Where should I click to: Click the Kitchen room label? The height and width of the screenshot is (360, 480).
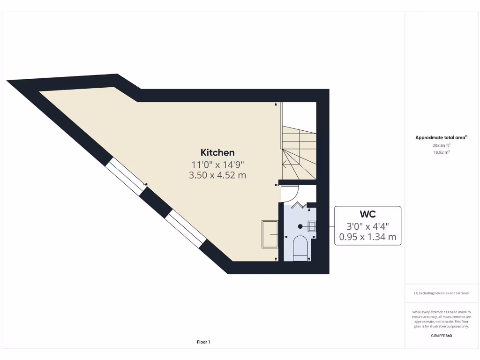[217, 152]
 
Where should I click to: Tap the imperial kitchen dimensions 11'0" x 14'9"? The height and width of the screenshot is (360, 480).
[217, 164]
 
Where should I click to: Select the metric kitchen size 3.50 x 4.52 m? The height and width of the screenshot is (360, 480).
[217, 175]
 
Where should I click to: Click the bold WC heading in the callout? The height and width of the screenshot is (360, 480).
[367, 214]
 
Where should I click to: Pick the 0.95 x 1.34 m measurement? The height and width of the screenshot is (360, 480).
[367, 237]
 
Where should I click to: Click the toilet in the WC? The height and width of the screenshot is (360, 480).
[300, 247]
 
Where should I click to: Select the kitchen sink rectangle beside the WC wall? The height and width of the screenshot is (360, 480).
[270, 234]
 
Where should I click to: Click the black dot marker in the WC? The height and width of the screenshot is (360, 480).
[300, 226]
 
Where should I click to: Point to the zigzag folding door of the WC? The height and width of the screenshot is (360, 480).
[298, 205]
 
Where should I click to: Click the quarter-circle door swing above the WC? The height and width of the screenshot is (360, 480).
[291, 193]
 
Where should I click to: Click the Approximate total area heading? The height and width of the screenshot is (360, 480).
[441, 137]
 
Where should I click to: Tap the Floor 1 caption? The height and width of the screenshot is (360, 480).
[203, 342]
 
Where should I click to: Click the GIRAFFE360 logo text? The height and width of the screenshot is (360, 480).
[442, 336]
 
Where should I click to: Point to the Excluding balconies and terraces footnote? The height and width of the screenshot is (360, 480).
[441, 293]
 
